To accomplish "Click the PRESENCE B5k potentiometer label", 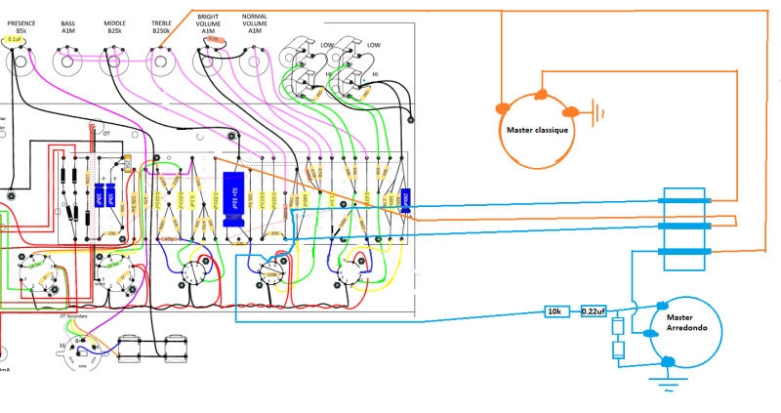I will point(21,26).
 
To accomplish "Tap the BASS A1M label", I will point(67,26).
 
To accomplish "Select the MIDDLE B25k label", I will point(114,26).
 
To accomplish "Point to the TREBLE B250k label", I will point(161,26).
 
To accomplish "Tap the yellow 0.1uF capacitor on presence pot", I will point(16,40).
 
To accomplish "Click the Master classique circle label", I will point(537,129).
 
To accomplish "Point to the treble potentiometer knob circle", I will point(161,64).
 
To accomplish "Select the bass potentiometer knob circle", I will point(67,64).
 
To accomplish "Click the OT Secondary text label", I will point(74,316).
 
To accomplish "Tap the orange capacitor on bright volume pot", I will point(222,40).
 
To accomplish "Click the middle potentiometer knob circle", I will point(114,64).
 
